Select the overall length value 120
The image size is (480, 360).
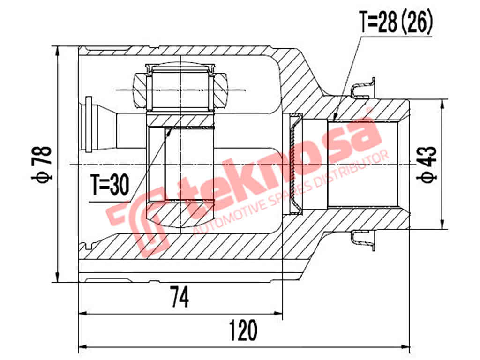pos(243,330)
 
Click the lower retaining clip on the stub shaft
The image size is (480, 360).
pos(363,240)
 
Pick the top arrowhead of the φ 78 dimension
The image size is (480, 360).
pos(57,50)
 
